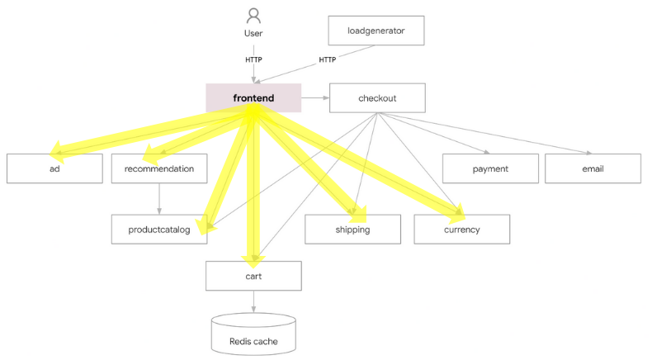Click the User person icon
[253, 16]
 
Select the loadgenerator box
[376, 31]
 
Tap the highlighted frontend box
[253, 97]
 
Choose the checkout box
[377, 97]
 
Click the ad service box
[54, 168]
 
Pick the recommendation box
[159, 168]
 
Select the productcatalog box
[159, 230]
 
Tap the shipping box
[352, 230]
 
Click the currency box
[462, 230]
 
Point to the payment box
[490, 168]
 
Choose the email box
[593, 168]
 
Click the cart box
[253, 276]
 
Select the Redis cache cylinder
[253, 334]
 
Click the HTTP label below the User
[253, 60]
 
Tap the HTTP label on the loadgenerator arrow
[328, 60]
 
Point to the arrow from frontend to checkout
[315, 97]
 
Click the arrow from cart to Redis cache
[253, 301]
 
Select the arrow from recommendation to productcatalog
[159, 199]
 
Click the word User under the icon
[253, 33]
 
